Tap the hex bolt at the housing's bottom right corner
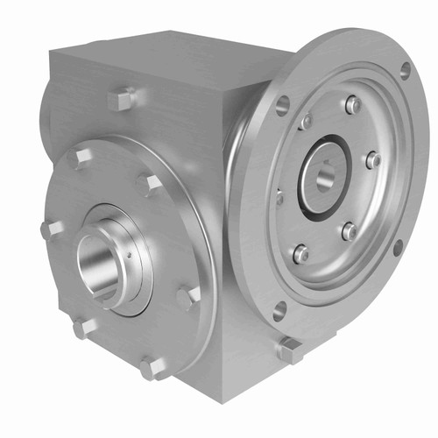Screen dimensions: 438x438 point(290,350)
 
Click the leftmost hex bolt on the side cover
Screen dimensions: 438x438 point(51,230)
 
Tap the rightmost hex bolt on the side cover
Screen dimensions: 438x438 point(187,297)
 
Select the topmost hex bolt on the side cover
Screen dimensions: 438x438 point(81,158)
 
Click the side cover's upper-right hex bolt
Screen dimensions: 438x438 point(151,184)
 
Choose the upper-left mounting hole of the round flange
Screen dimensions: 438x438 point(281,106)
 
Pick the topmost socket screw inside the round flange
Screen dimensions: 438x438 point(352,104)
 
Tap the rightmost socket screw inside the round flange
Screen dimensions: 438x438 point(372,160)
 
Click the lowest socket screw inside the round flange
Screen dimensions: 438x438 point(300,253)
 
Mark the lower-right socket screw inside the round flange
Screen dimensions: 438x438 point(349,231)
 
